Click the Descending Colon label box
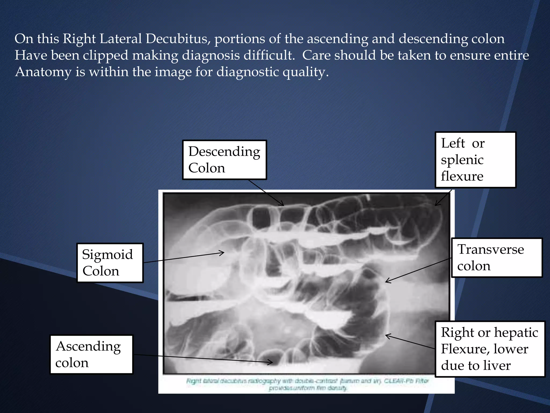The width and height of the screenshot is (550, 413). [224, 160]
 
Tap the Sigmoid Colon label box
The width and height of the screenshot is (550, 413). [110, 263]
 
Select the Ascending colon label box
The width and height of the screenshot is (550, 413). [91, 354]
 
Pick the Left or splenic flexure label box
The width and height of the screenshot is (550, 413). [475, 160]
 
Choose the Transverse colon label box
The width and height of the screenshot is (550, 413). [497, 258]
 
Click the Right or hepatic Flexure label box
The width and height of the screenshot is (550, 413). [490, 349]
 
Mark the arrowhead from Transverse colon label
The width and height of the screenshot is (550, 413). [386, 282]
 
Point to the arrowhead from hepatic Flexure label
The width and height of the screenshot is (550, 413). [386, 335]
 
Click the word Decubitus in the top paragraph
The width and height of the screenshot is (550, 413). [177, 39]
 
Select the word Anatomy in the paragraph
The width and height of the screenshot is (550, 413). [43, 72]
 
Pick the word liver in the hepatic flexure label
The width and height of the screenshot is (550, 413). [498, 365]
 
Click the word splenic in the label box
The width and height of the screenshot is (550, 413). [462, 160]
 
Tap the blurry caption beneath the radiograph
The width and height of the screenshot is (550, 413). [307, 384]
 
